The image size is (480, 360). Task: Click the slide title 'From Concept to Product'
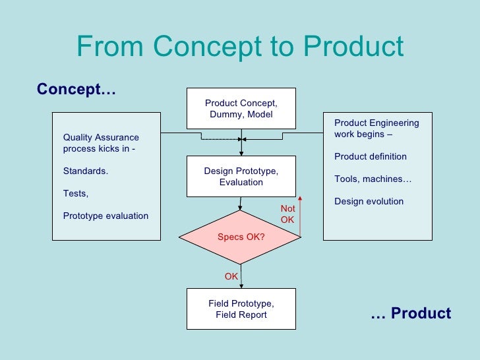coord(240,47)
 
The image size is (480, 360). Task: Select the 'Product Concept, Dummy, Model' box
coord(241,109)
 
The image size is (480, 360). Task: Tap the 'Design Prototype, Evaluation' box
coord(241,177)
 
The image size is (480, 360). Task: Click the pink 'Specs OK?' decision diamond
coord(241,237)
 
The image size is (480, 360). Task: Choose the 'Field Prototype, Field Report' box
coord(241,309)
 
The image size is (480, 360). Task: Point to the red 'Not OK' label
coord(287,214)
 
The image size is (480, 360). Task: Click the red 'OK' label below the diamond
coord(231,277)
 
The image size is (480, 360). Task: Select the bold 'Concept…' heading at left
coord(76,89)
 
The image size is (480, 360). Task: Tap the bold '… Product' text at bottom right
coord(411,314)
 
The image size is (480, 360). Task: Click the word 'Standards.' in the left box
coord(86,171)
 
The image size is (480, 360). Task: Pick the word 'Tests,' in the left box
coord(75,194)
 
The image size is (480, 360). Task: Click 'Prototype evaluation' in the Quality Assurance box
coord(105,216)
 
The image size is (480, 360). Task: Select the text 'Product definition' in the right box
coord(370,157)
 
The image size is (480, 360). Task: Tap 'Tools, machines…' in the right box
coord(373,179)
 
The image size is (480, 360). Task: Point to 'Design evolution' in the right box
coord(369,201)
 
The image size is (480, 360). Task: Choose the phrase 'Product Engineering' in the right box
coord(376,123)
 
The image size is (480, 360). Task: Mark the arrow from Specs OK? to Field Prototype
coord(241,276)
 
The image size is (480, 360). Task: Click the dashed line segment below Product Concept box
coord(221,140)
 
